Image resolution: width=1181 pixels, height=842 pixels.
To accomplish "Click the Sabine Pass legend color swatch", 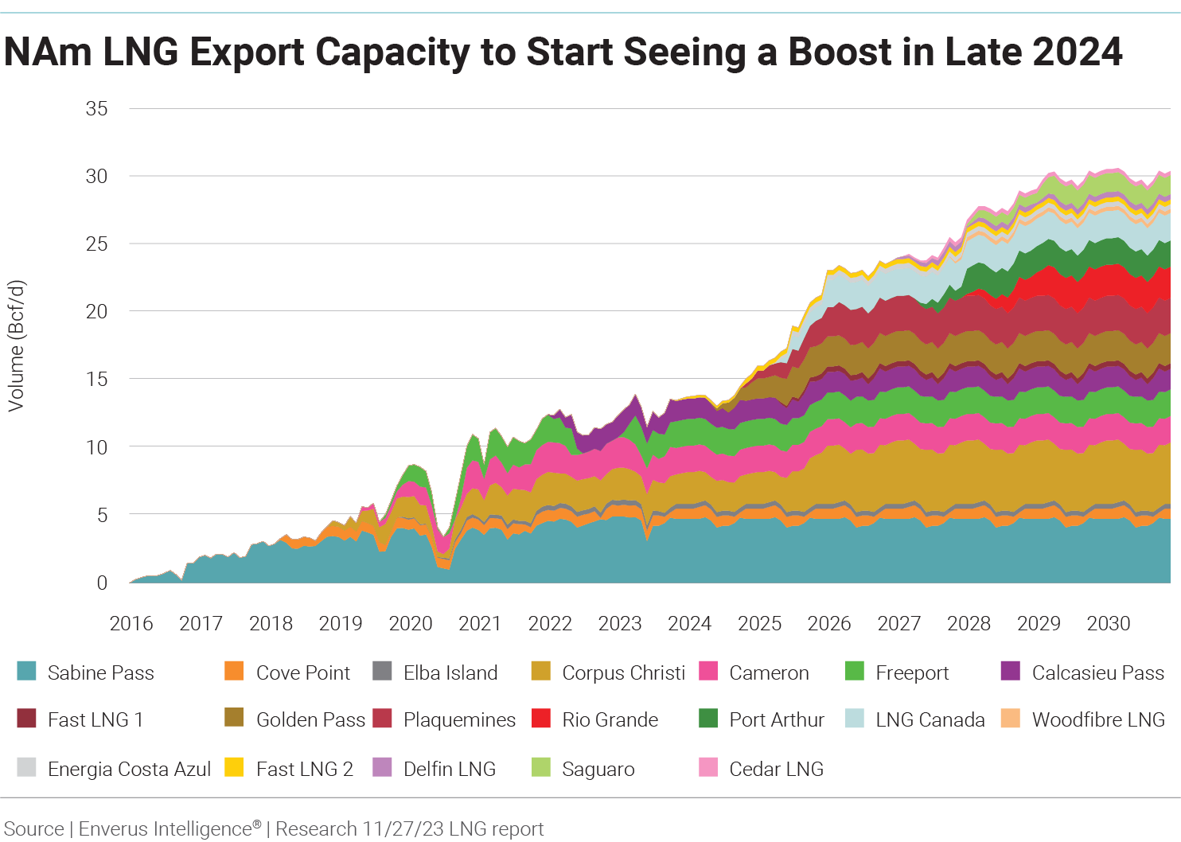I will pos(26,671).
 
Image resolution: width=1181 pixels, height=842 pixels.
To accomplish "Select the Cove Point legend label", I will pos(302,672).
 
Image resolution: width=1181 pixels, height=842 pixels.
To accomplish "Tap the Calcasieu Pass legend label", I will pos(1097,672).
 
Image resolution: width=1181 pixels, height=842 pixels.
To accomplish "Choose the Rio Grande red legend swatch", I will pos(541,719).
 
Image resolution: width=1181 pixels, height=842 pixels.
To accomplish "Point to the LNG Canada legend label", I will pos(930,719).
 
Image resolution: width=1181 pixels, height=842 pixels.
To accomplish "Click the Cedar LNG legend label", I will pos(776,769).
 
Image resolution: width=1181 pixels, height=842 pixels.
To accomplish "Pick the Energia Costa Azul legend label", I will pos(129,769).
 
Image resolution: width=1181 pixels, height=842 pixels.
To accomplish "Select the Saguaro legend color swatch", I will pos(541,767).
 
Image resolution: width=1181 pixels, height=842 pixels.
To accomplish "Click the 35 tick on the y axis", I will pos(96,108).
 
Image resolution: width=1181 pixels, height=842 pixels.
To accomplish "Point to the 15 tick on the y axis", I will pos(96,379).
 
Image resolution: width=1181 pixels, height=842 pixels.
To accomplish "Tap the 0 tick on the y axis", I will pos(102,583).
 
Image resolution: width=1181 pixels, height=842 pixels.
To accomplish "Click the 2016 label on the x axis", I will pos(131,623).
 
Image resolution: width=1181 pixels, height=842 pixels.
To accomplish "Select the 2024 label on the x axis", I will pos(689,623).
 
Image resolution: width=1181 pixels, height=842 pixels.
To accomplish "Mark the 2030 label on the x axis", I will pos(1109,623).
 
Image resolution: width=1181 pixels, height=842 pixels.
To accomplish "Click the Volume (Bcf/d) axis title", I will pos(16,345).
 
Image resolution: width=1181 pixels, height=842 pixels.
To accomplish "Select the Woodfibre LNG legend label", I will pos(1098,719).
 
